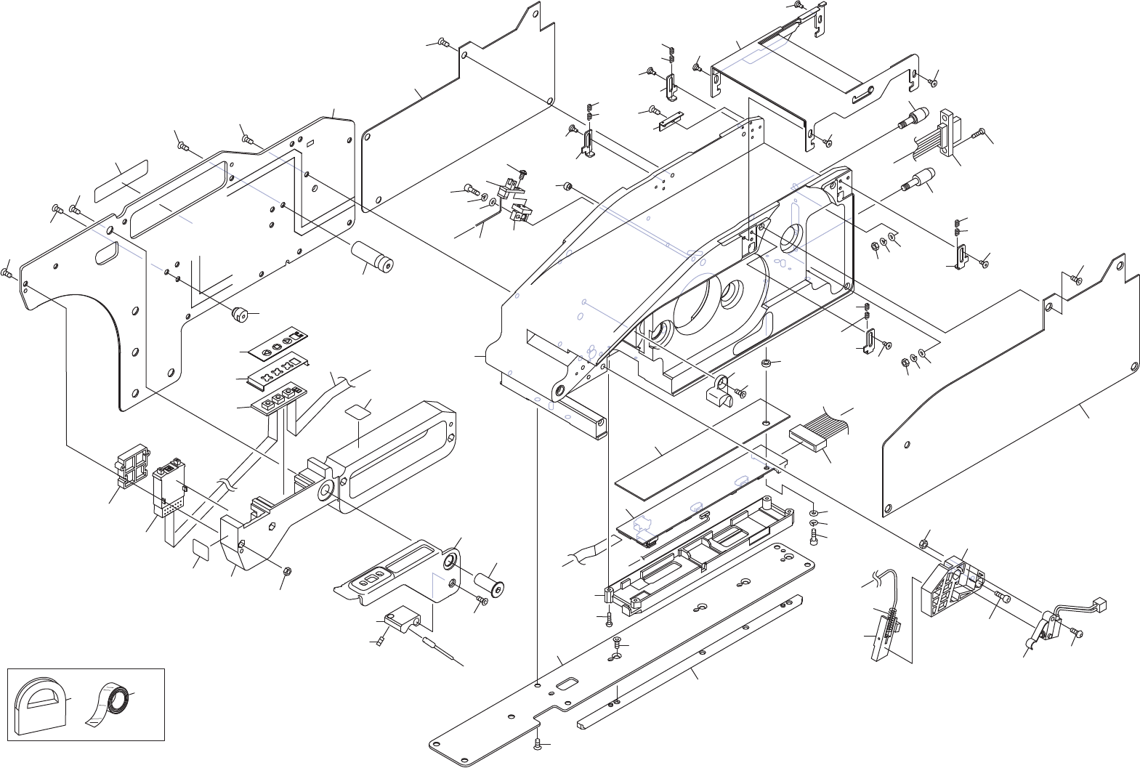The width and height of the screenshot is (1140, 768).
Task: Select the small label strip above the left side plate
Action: pos(121,181)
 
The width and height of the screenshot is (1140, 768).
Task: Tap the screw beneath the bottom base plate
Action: pos(537,743)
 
